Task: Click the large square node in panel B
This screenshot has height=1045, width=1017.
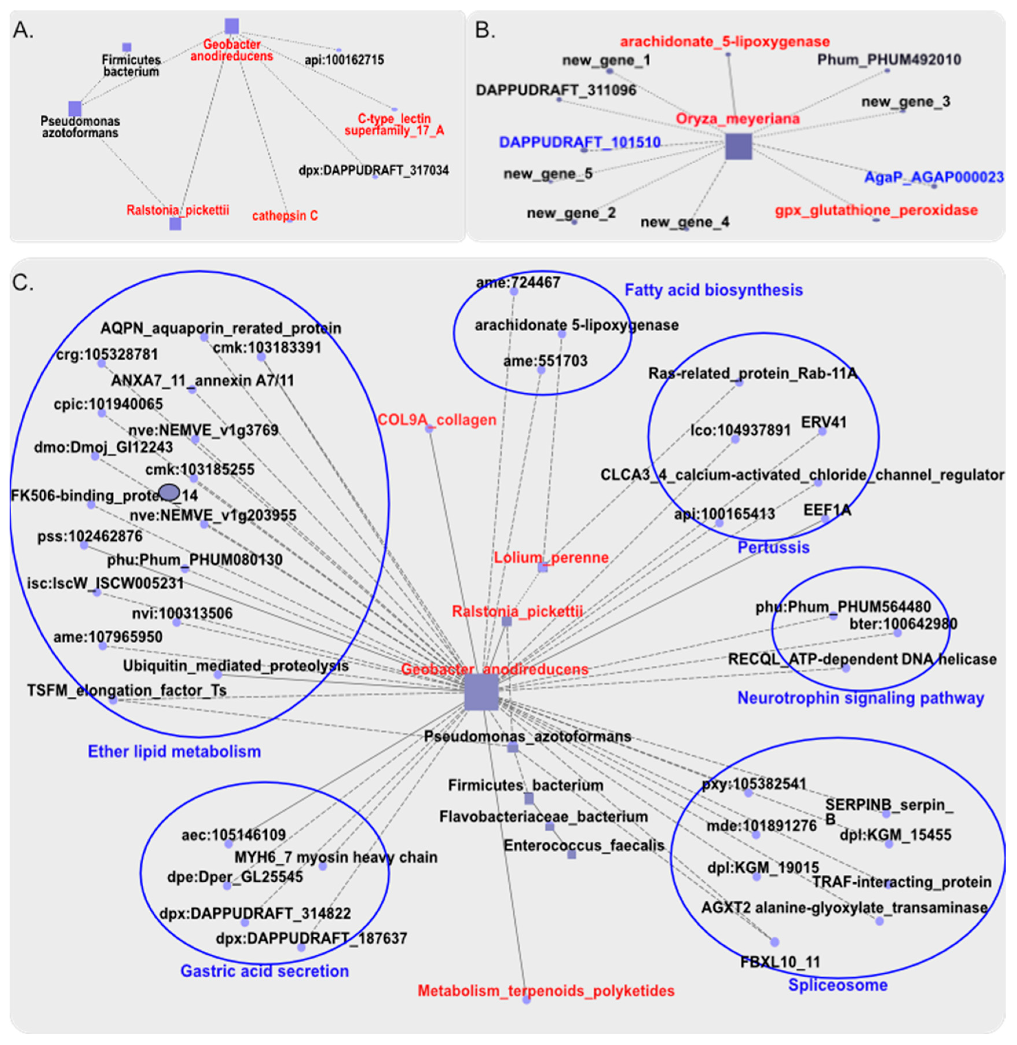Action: point(739,147)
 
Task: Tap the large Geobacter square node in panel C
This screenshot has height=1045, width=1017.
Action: point(481,692)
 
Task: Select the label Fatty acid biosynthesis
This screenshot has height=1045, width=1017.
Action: point(714,290)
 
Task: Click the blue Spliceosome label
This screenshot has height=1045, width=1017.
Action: point(838,985)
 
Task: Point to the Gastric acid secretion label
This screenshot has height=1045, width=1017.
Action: point(264,971)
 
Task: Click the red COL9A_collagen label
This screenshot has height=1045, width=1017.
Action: point(437,420)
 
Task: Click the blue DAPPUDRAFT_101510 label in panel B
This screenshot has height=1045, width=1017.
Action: point(580,142)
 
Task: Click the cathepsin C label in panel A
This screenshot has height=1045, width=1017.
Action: point(285,216)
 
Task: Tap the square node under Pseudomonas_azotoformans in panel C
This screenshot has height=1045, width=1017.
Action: point(512,747)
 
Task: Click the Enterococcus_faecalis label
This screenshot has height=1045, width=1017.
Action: point(584,846)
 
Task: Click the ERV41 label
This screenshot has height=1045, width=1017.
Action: point(824,422)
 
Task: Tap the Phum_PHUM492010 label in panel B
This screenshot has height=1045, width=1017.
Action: point(889,60)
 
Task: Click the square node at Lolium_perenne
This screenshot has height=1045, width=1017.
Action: point(543,567)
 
